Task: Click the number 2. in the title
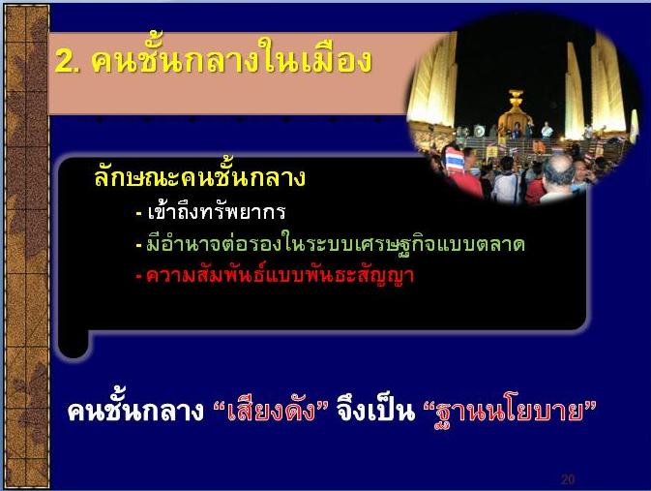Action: point(68,62)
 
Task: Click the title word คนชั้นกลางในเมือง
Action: point(231,58)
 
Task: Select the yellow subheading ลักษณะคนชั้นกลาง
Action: point(199,175)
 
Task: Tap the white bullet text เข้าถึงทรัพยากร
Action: point(217,212)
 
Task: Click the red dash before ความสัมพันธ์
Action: point(139,276)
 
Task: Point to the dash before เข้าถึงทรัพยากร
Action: point(139,214)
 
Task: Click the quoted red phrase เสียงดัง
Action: point(270,411)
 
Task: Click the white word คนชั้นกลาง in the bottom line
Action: point(135,411)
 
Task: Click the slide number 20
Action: point(568,479)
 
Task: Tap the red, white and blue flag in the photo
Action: point(455,161)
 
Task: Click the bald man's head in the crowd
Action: point(558,169)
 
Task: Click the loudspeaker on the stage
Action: point(479,132)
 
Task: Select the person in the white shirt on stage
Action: point(547,131)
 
